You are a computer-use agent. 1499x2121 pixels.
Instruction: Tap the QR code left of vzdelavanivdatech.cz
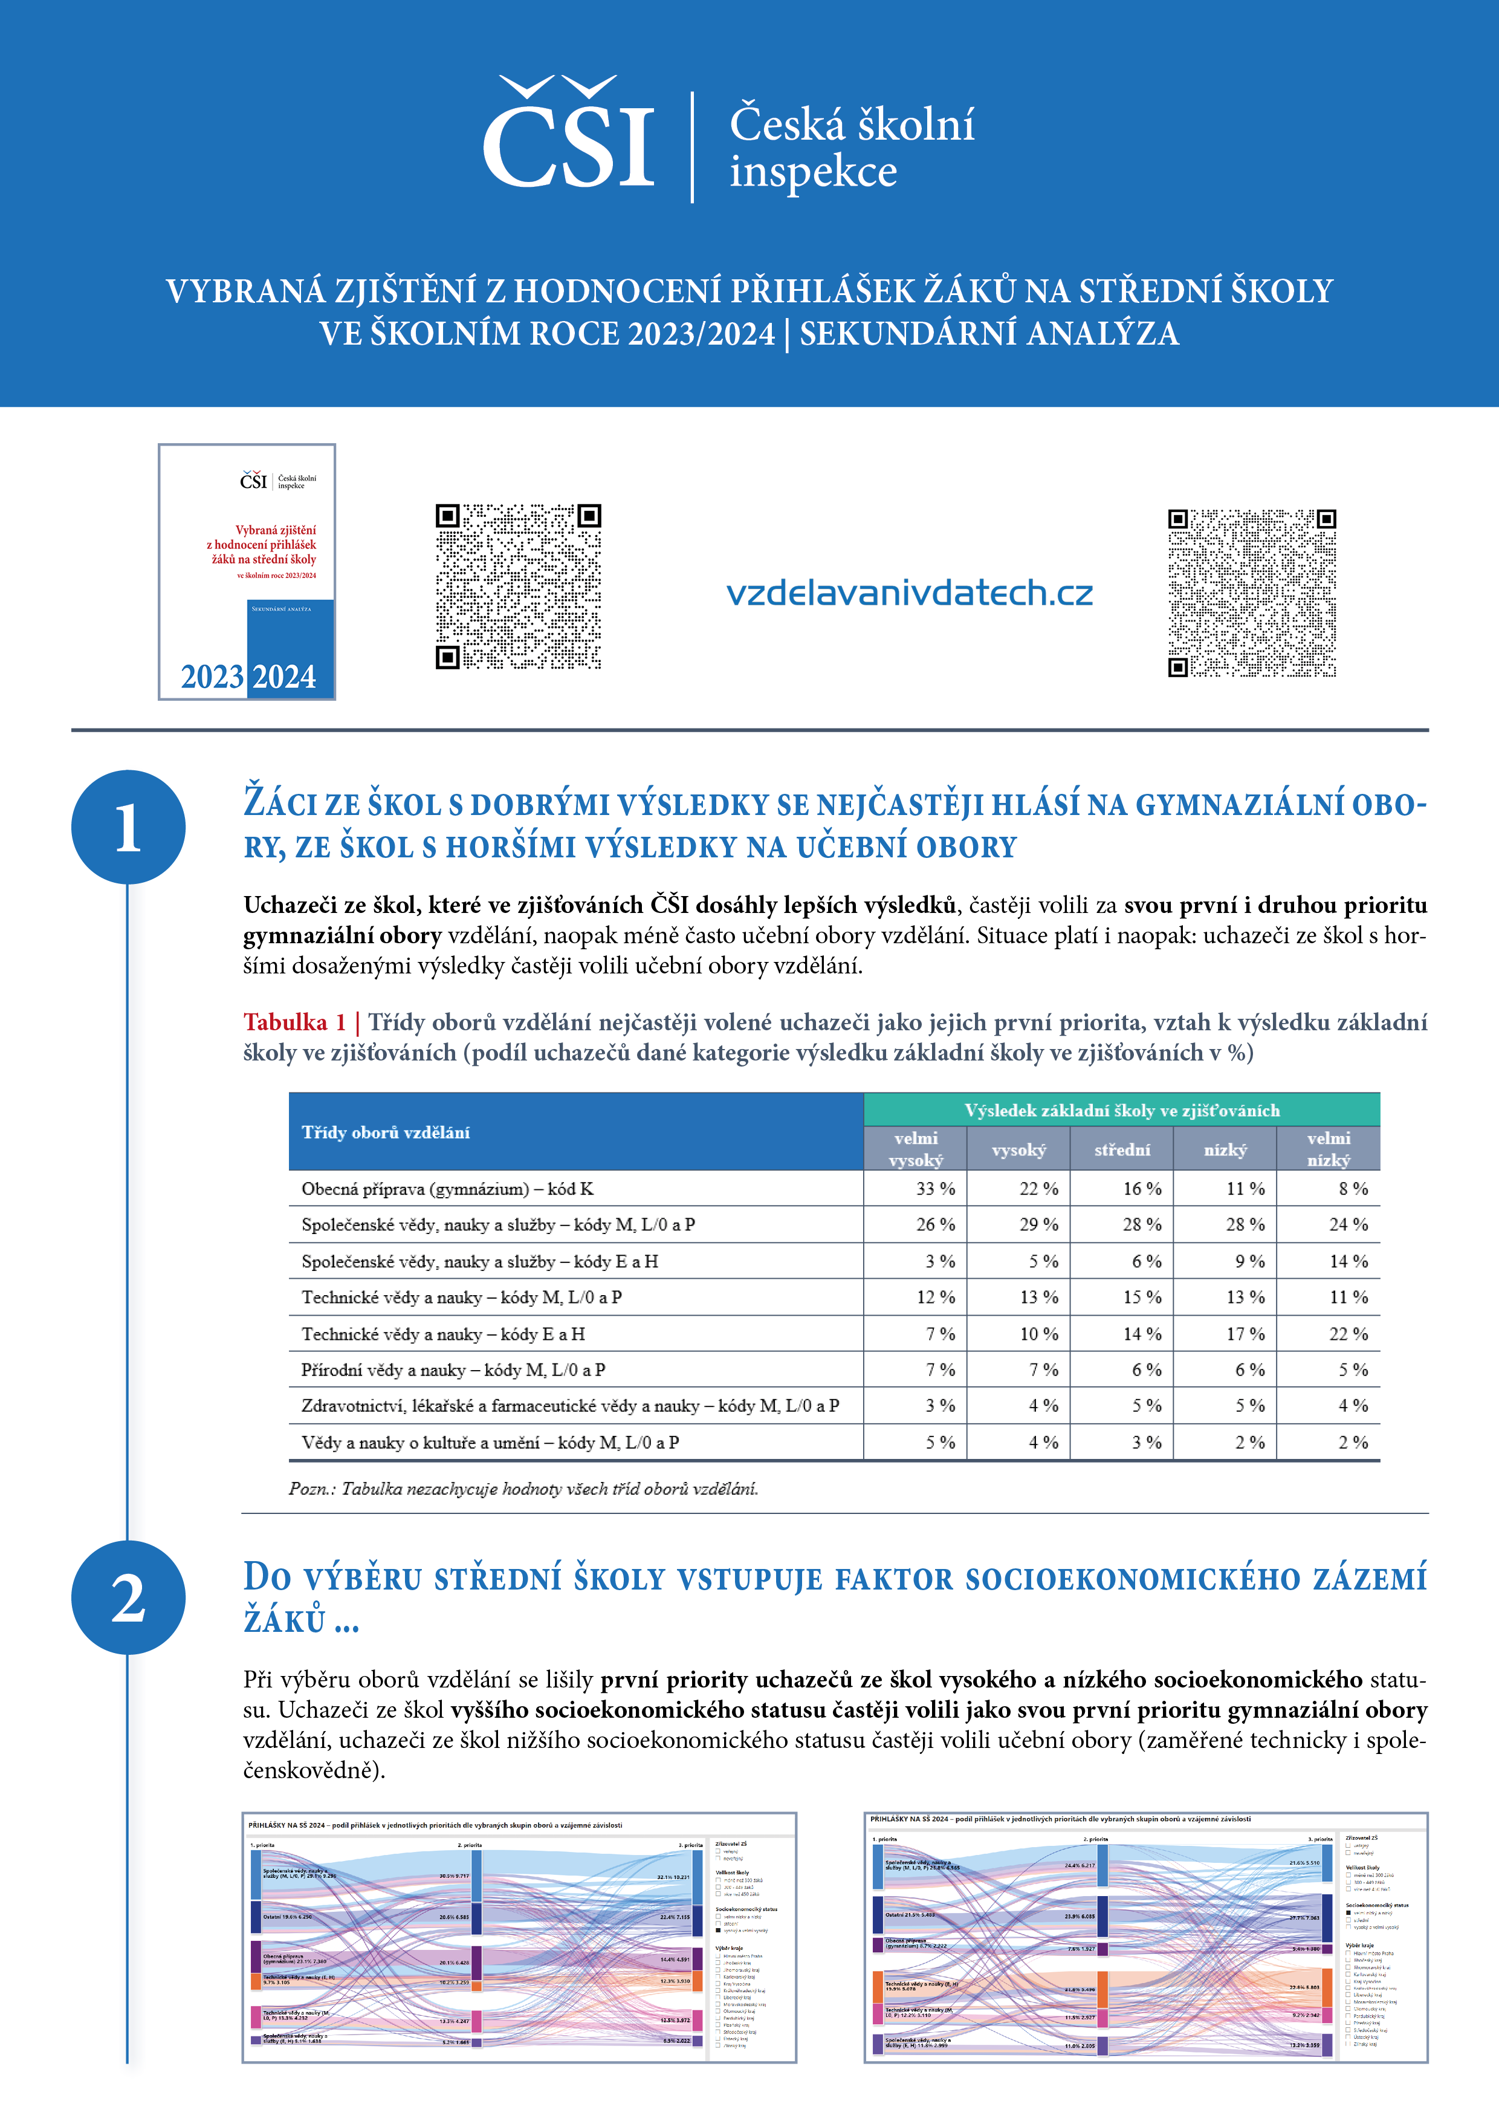tap(518, 586)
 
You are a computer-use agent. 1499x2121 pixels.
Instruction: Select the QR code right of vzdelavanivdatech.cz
tap(1251, 592)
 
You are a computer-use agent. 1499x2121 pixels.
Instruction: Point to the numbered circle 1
tap(128, 827)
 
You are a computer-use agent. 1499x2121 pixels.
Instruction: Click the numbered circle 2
tap(128, 1597)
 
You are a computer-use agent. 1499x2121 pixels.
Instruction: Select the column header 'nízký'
tap(1225, 1150)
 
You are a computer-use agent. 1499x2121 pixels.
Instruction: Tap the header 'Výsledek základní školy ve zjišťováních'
tap(1121, 1111)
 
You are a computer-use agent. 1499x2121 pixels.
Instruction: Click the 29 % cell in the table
tap(1038, 1225)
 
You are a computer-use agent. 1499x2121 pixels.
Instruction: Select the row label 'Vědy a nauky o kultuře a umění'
tap(490, 1442)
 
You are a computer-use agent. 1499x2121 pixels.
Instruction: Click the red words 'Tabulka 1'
tap(294, 1022)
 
